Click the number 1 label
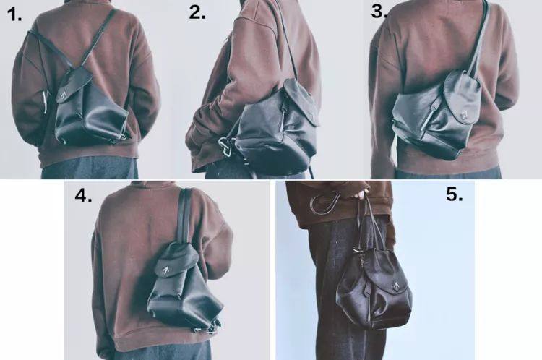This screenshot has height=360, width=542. [14, 14]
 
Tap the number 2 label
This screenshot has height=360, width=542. [197, 13]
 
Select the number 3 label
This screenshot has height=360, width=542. [379, 12]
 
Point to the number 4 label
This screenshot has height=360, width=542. [83, 195]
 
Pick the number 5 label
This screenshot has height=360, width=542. [455, 194]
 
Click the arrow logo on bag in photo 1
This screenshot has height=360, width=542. [64, 95]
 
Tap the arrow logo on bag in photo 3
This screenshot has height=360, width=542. [464, 113]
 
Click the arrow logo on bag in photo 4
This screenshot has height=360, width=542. [165, 269]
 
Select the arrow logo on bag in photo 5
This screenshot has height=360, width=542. [395, 286]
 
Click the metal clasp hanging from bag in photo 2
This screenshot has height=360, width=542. [226, 146]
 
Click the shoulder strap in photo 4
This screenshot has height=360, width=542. [185, 215]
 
